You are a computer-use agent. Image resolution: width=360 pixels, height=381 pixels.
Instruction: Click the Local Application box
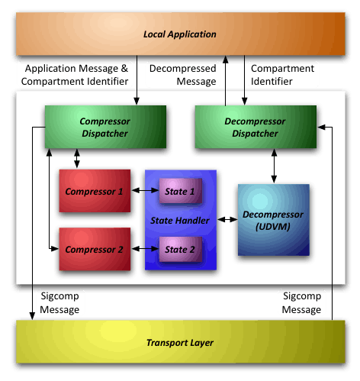coord(181,34)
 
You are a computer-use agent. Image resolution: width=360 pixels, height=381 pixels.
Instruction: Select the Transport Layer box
coord(181,342)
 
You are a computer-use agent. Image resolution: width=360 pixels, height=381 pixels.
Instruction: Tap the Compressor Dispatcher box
coord(105,127)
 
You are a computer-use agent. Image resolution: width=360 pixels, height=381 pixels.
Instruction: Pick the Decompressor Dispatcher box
coord(256,127)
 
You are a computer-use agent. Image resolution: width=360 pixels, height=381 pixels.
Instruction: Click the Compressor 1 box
coord(95,191)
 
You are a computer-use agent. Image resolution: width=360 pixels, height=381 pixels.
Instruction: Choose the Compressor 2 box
coord(95,249)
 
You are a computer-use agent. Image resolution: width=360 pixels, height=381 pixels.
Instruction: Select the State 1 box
coord(181,191)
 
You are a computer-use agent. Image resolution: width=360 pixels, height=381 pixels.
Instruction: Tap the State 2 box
coord(181,249)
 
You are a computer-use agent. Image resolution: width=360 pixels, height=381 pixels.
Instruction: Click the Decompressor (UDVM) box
coord(274,220)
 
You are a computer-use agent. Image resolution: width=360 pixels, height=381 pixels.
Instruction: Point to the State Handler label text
coord(180,221)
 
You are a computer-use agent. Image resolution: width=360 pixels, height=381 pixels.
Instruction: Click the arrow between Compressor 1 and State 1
coord(145,190)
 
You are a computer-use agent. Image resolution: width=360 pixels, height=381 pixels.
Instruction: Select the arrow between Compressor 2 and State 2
coord(145,249)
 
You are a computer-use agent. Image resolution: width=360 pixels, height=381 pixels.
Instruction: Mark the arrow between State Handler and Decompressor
coord(227,219)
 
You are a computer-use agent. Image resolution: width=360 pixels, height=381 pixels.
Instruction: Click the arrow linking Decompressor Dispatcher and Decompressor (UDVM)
coord(274,166)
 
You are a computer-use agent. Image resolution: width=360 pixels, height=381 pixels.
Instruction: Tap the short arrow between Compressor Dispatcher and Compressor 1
coord(77,158)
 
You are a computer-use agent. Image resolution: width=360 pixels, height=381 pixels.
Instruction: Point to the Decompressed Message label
coord(183,75)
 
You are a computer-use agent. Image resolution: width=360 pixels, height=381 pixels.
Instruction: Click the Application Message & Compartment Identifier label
coord(75,75)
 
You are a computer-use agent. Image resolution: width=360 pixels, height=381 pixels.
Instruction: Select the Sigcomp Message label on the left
coord(59,302)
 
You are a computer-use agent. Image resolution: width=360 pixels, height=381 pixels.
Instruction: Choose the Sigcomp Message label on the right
coord(301,302)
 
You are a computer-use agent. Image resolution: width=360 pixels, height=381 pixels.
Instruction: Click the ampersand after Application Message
coord(124,69)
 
